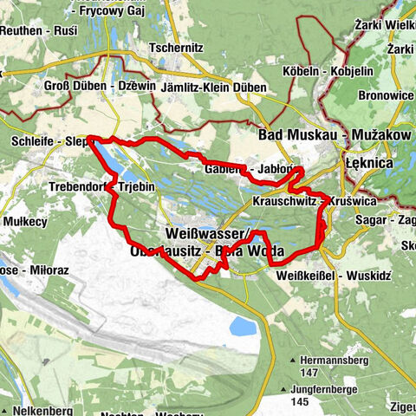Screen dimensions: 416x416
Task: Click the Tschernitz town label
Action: click(177, 48)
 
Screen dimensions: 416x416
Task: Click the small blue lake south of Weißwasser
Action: click(240, 327)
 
